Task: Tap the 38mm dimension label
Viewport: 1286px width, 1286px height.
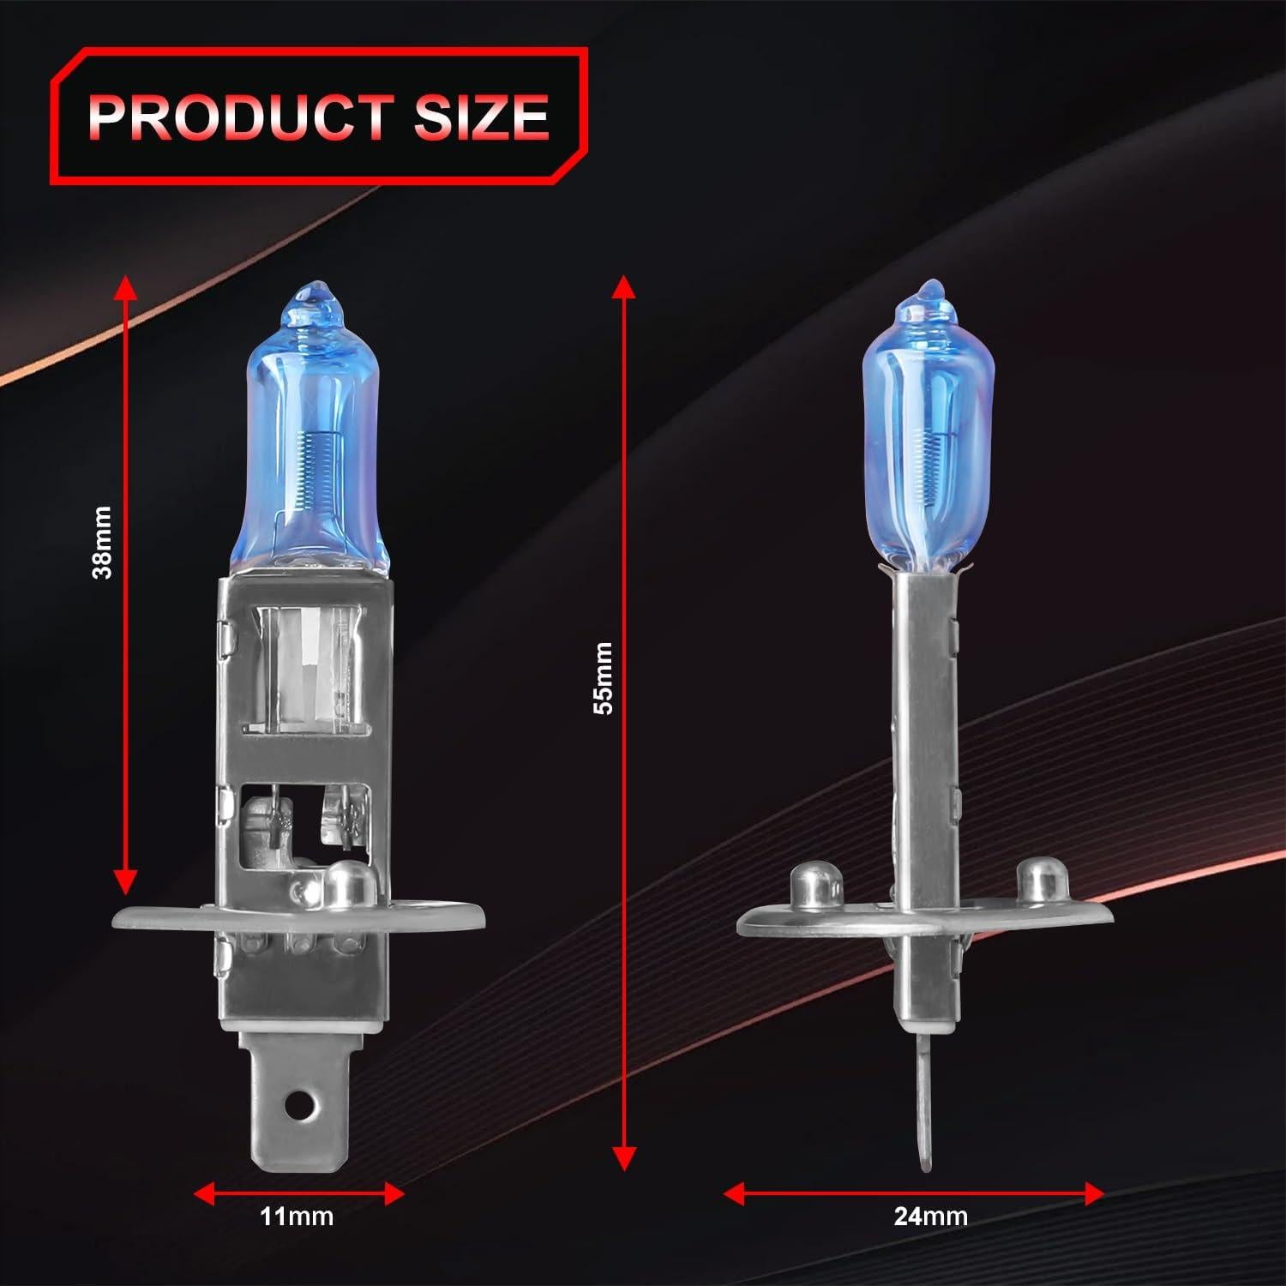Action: coord(103,543)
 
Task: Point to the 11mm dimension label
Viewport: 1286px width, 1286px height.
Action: coord(297,1216)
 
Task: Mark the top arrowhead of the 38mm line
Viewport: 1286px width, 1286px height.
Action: coord(126,285)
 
